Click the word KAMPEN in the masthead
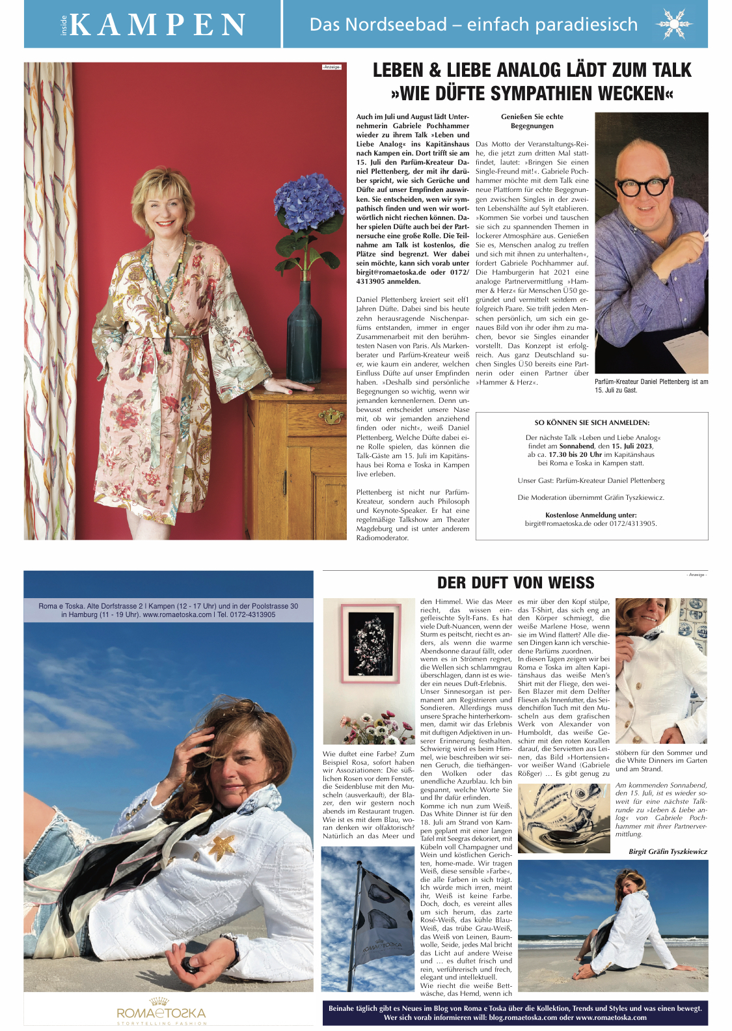click(157, 25)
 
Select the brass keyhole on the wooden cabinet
click(331, 415)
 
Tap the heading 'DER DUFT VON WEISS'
click(515, 583)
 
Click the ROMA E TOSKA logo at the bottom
click(161, 1013)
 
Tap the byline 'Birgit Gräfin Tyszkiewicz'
click(668, 851)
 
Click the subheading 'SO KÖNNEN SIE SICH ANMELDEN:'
click(591, 422)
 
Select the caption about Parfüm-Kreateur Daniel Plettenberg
click(651, 386)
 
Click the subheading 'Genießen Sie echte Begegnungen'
click(532, 121)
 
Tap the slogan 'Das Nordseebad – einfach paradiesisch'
click(473, 25)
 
